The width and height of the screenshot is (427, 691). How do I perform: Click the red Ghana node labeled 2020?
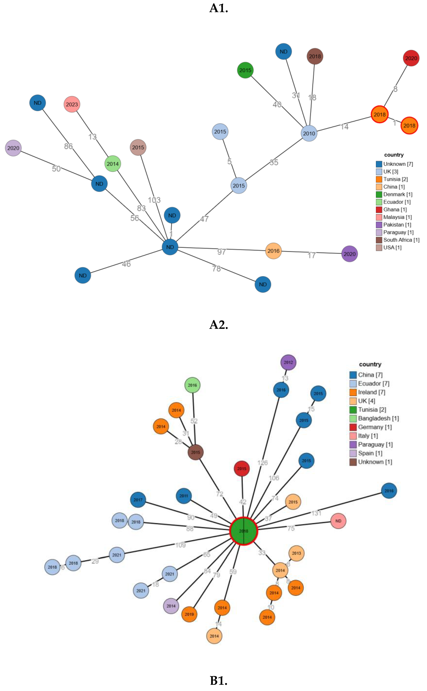[411, 58]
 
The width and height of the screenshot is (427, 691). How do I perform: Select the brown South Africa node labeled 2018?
[315, 56]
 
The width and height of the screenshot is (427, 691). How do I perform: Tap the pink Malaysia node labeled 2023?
[72, 104]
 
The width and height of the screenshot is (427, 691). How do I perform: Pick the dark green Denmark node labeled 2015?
[245, 70]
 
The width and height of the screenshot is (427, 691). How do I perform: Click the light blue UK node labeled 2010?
[309, 133]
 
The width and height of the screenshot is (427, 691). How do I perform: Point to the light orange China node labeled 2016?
[273, 251]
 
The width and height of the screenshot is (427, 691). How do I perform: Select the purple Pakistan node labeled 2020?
[349, 254]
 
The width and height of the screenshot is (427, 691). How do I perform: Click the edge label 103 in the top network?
[154, 200]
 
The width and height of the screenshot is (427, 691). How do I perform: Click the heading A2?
[219, 325]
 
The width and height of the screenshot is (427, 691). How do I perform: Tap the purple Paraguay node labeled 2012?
[288, 362]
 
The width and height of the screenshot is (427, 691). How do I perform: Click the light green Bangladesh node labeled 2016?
[192, 385]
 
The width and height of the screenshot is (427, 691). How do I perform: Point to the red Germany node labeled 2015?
[242, 469]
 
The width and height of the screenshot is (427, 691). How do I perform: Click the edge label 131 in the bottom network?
[316, 513]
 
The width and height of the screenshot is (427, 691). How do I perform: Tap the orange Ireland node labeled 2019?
[189, 614]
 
